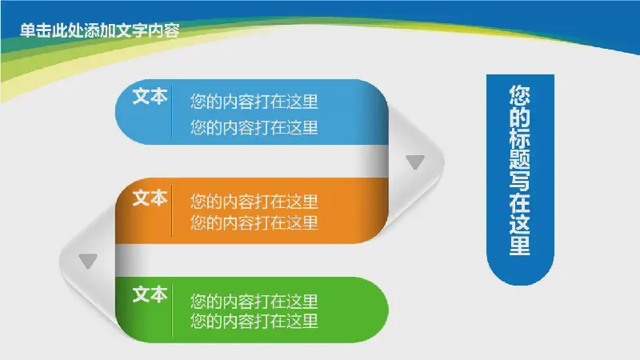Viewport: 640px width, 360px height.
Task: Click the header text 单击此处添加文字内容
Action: [99, 30]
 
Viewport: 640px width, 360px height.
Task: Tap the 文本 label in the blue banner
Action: [150, 97]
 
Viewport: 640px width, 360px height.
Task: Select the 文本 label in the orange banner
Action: [150, 198]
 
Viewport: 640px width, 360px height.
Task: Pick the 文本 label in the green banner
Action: [150, 294]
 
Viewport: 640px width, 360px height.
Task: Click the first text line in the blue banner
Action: [254, 102]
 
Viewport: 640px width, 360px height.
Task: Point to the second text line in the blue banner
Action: [254, 127]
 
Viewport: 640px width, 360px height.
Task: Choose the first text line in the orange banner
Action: [254, 202]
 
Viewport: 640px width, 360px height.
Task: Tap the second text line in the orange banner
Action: [254, 222]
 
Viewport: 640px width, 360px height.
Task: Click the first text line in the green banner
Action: [254, 302]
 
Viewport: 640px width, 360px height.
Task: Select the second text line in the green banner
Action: [254, 321]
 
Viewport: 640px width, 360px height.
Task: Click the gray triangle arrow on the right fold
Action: [415, 162]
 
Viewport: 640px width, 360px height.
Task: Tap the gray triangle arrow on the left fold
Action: [88, 261]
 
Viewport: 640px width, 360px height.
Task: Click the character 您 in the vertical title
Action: [519, 94]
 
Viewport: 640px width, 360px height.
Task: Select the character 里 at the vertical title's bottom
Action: [519, 245]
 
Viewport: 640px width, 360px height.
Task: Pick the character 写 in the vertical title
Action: [519, 181]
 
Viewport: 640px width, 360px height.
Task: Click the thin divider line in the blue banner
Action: [171, 111]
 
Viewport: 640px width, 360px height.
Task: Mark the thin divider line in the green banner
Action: [172, 310]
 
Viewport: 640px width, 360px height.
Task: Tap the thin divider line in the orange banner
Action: [171, 210]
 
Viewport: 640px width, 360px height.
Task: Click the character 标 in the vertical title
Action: [519, 138]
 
